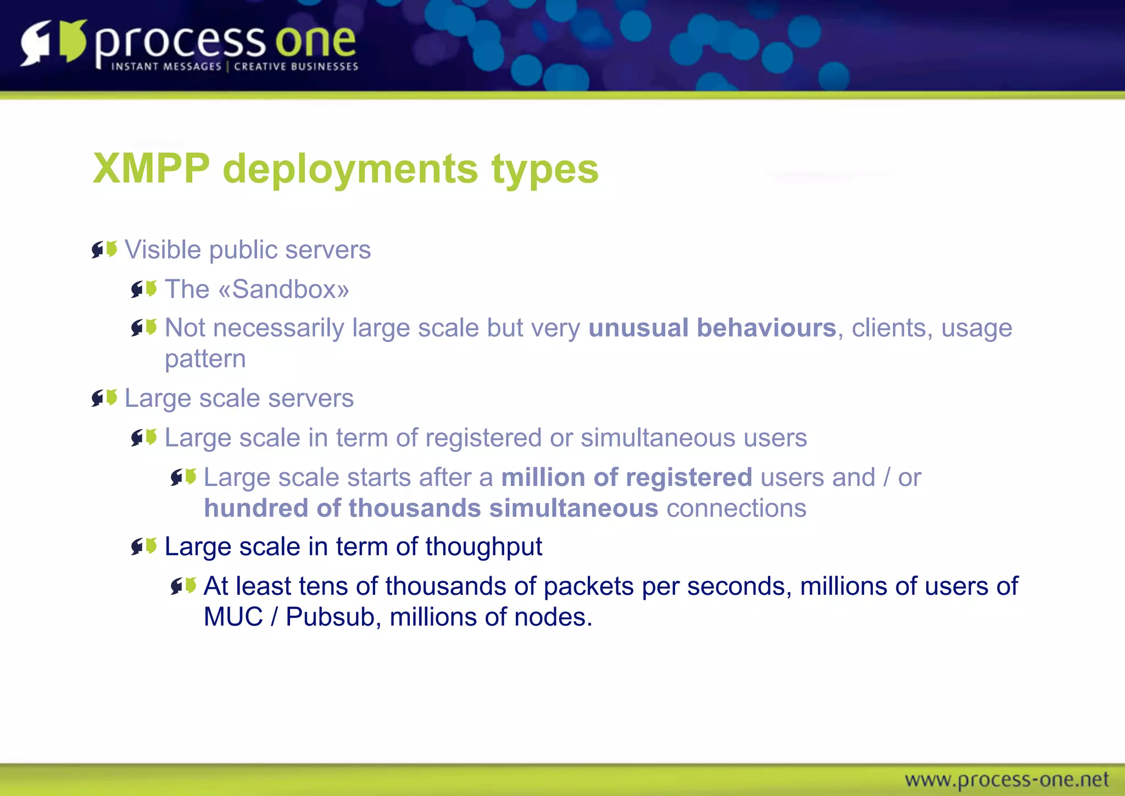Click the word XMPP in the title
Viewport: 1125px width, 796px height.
coord(152,169)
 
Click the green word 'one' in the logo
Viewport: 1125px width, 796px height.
coord(315,41)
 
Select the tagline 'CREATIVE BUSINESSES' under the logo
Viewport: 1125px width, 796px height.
coord(296,67)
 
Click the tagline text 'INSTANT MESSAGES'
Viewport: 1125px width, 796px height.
coord(166,67)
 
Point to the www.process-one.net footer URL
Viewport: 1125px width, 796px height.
coord(1006,780)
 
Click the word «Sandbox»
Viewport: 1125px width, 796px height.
coord(284,290)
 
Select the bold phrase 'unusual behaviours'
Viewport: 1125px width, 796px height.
coord(712,328)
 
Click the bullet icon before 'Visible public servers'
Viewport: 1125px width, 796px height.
coord(104,250)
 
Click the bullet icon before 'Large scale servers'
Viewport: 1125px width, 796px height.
coord(104,397)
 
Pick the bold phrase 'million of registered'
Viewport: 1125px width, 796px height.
coord(626,477)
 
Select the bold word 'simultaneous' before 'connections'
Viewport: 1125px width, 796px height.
coord(573,508)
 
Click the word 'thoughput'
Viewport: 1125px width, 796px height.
coord(483,547)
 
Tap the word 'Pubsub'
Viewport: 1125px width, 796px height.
coord(330,617)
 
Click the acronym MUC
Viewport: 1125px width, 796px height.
coord(233,617)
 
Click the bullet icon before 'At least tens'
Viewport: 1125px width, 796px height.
coord(183,586)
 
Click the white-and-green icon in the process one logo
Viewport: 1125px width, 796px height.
coord(53,42)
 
